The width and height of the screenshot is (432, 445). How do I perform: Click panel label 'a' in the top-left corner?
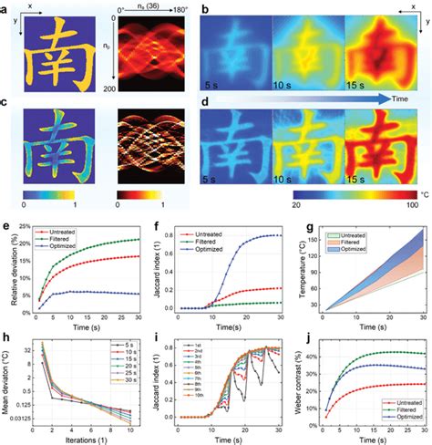point(7,8)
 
